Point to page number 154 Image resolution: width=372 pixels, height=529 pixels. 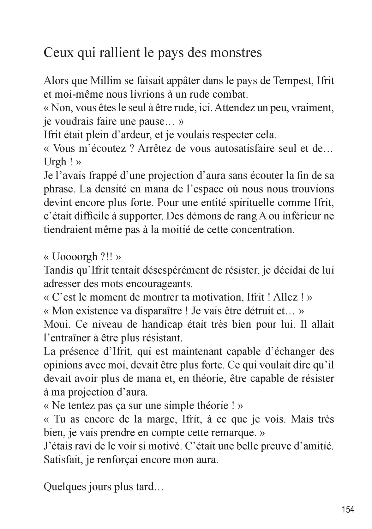click(348, 509)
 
